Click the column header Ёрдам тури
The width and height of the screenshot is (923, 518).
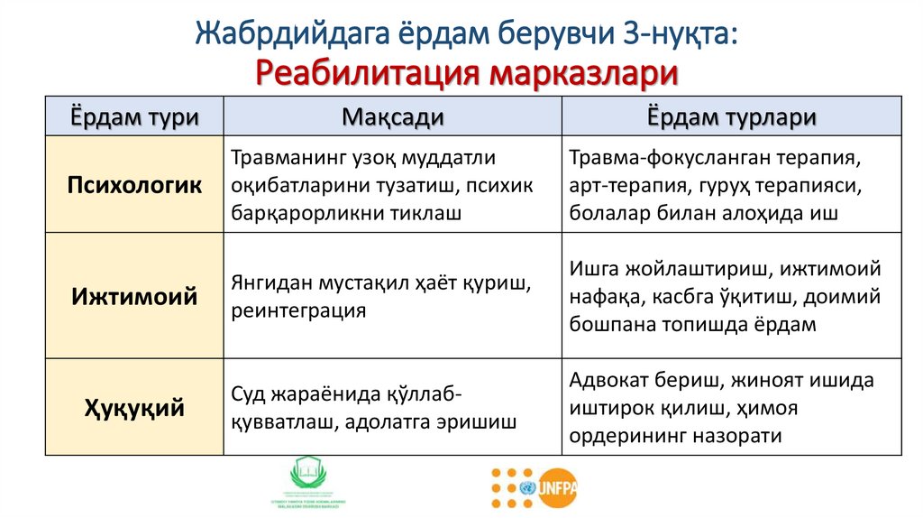(x=135, y=117)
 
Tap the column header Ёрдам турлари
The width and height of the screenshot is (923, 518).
(x=731, y=117)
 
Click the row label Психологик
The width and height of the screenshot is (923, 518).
(x=135, y=185)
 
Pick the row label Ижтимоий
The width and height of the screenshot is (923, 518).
(x=135, y=296)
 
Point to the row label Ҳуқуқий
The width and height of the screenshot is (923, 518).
(x=135, y=408)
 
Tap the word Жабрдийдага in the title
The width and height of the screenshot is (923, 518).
(x=292, y=35)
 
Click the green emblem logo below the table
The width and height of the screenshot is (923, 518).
(x=311, y=483)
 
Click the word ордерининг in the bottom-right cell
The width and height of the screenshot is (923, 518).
(x=626, y=436)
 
